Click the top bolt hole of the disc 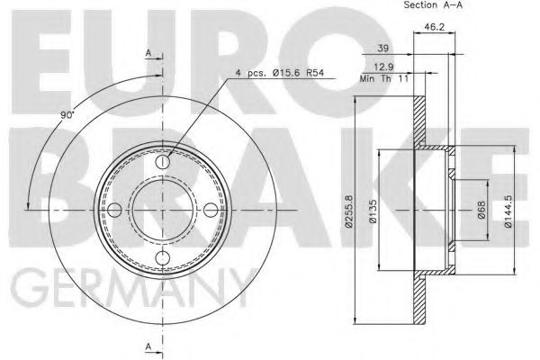coord(162,162)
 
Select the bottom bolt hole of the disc coord(162,259)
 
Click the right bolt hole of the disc coord(211,211)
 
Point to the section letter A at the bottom coord(148,347)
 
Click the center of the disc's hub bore coord(162,211)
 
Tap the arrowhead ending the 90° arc coord(30,208)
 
